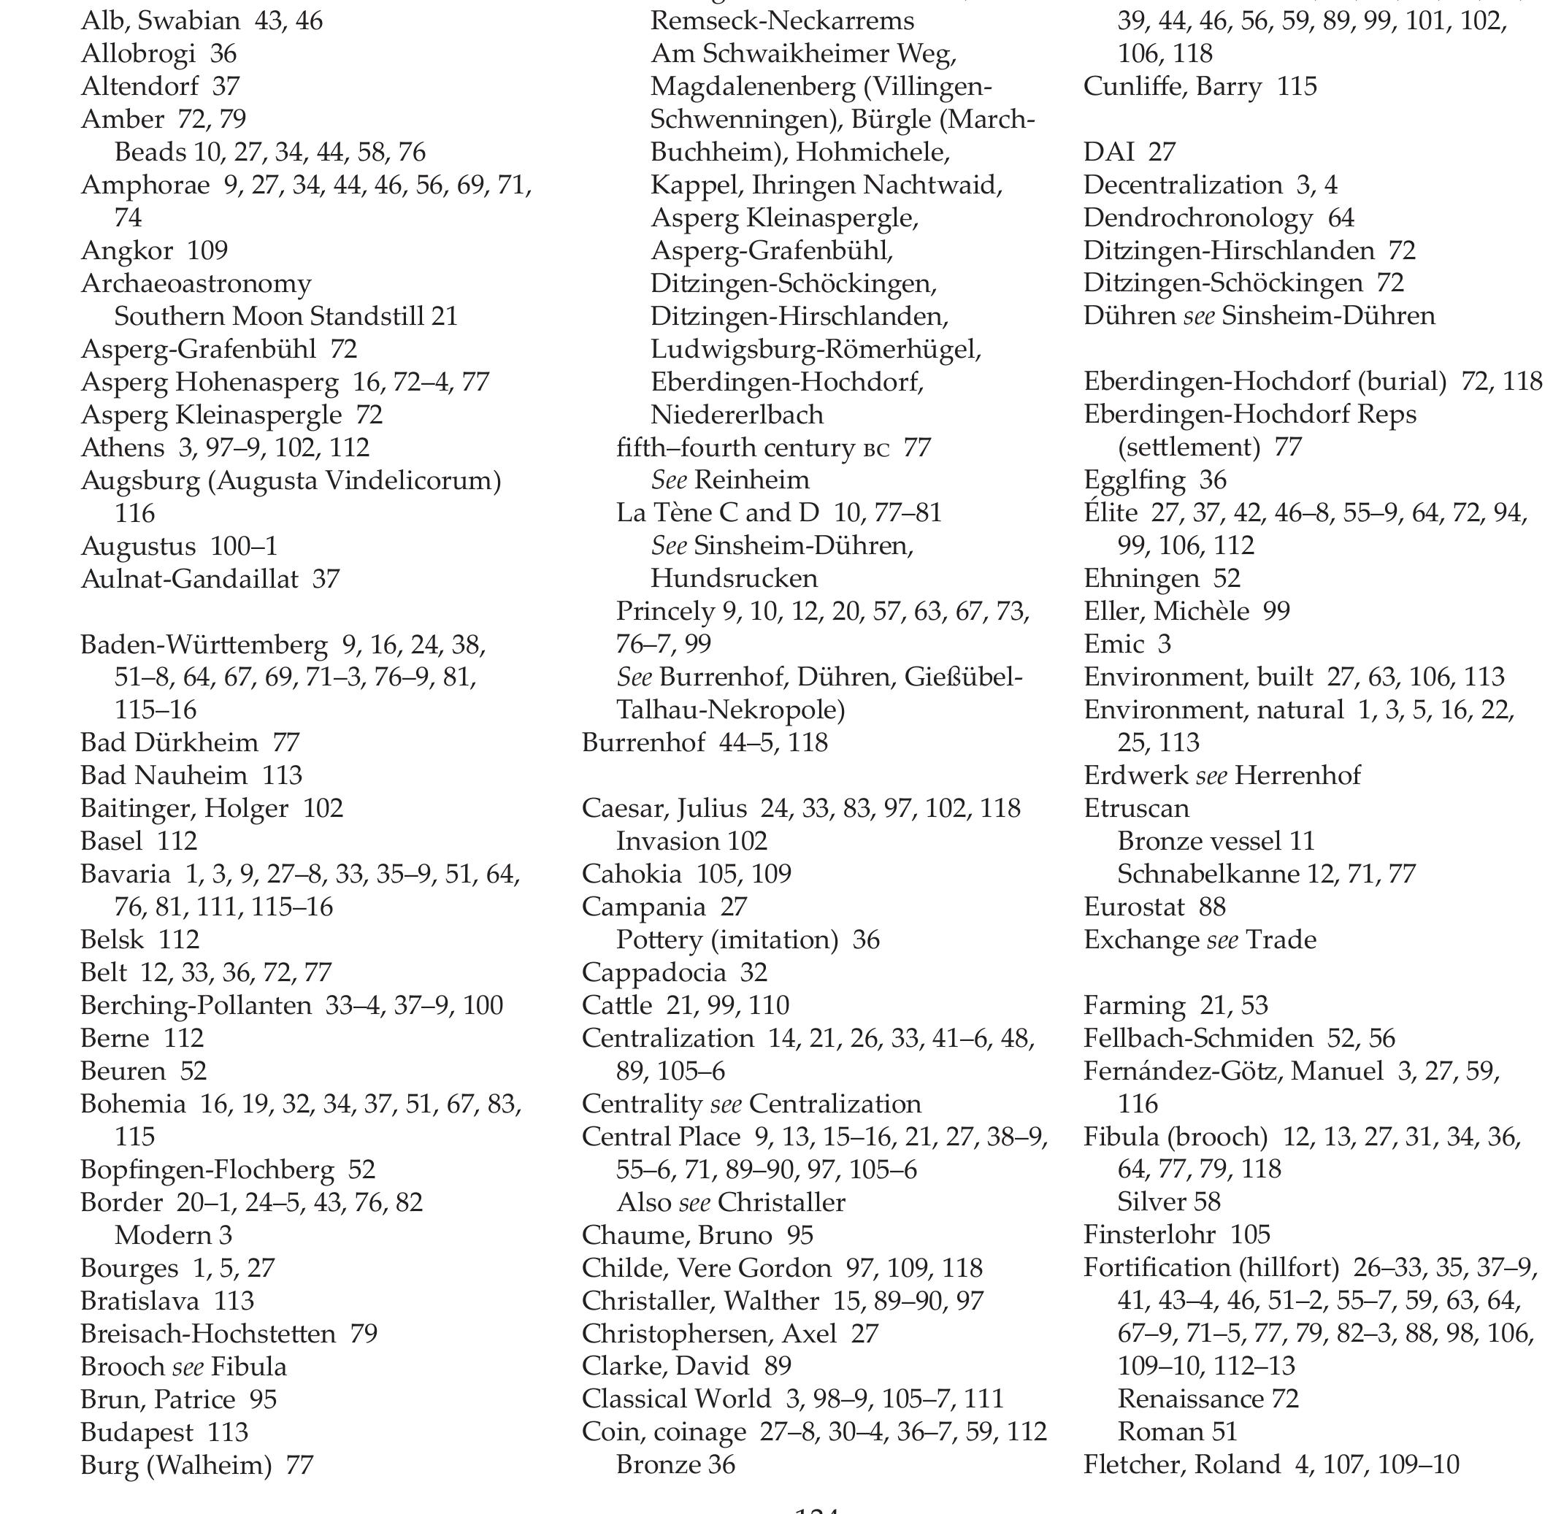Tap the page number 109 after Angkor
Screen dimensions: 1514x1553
point(207,250)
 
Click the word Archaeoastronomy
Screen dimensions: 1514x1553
point(196,283)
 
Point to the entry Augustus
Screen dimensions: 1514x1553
point(137,546)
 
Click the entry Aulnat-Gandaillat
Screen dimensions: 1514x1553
point(188,579)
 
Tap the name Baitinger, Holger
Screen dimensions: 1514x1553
point(184,808)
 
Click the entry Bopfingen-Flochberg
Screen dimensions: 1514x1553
point(207,1169)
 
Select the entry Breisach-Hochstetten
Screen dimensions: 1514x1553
point(207,1334)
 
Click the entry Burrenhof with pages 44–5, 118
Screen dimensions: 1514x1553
point(643,742)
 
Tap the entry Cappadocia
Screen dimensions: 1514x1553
point(653,972)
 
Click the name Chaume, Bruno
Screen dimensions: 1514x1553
point(676,1235)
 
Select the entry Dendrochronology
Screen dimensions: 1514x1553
point(1197,218)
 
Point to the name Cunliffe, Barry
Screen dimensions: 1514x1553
point(1172,86)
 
